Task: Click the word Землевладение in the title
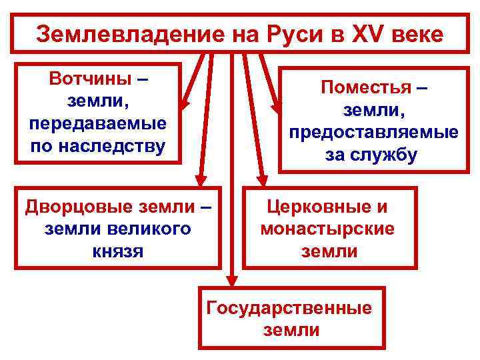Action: point(106,34)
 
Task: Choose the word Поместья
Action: point(366,87)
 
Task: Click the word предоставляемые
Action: point(373,131)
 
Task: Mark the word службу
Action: point(387,155)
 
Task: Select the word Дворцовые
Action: point(74,207)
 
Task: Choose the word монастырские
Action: point(327,229)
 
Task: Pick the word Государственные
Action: point(289,308)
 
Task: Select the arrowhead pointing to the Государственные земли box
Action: point(231,281)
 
